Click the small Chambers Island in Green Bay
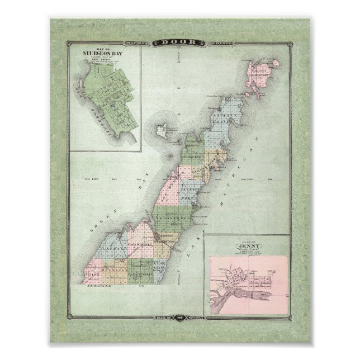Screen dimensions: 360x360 [162, 132]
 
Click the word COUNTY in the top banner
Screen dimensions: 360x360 [207, 42]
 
